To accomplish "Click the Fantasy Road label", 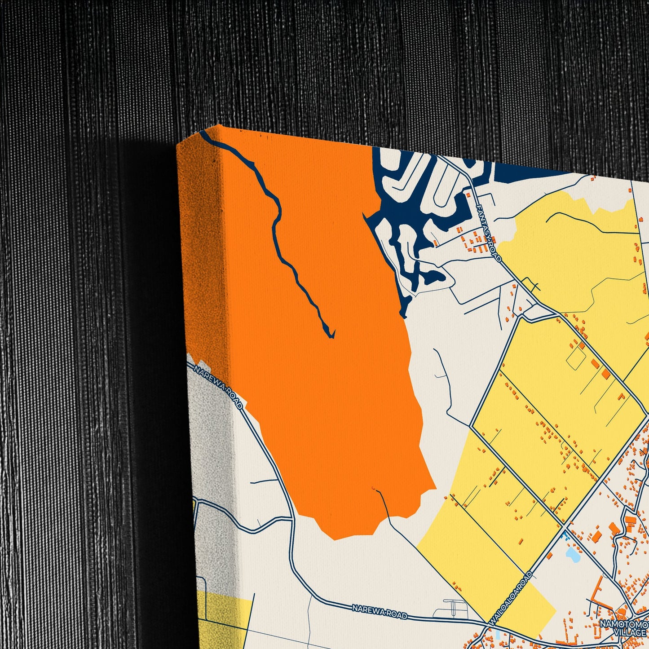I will point(489,233).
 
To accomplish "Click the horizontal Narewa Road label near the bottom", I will point(380,611).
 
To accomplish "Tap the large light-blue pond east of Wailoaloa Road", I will point(573,555).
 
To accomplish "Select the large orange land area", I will point(341,382).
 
